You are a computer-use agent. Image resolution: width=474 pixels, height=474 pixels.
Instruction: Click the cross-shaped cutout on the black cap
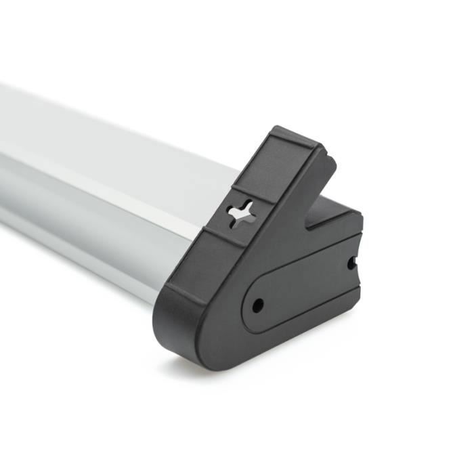tap(241, 214)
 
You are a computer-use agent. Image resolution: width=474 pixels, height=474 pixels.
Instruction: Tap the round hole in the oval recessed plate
tap(258, 306)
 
